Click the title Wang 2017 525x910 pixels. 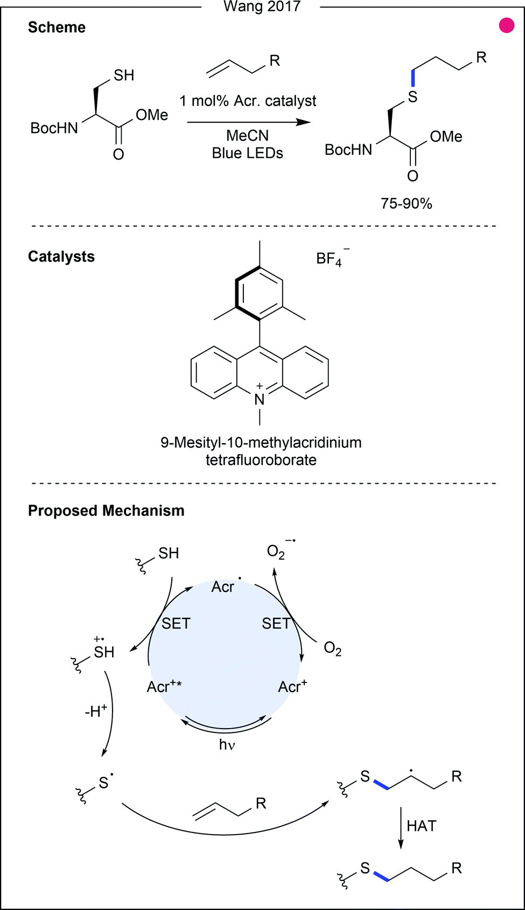pos(262,6)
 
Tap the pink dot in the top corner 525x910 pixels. pos(506,25)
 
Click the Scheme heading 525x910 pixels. pos(57,27)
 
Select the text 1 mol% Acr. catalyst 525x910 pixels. pos(248,101)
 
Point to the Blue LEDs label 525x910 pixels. pos(247,153)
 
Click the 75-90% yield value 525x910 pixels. pos(406,203)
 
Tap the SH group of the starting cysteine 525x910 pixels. pos(123,75)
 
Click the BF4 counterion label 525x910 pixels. pos(330,259)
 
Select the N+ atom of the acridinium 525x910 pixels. pos(260,398)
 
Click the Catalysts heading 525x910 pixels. pos(61,257)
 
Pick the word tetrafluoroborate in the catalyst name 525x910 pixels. pos(261,460)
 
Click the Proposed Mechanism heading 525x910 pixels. pos(106,511)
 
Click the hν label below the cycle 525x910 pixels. pos(227,745)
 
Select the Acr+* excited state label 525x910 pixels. pos(164,687)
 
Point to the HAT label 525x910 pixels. pos(421,826)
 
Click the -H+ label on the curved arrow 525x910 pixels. pos(96,711)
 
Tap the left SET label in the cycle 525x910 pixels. pos(176,624)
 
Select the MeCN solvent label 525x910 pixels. pos(247,136)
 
